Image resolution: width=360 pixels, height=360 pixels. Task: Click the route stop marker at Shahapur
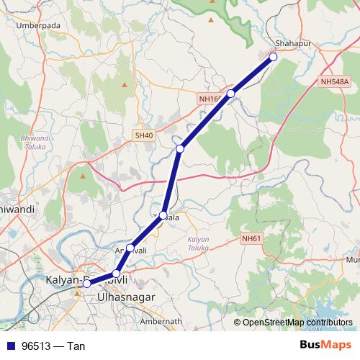pyautogui.click(x=273, y=56)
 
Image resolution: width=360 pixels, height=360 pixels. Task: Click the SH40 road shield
pyautogui.click(x=143, y=135)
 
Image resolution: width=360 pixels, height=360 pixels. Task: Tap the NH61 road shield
pyautogui.click(x=251, y=238)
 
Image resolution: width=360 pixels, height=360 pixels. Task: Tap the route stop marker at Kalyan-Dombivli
pyautogui.click(x=86, y=284)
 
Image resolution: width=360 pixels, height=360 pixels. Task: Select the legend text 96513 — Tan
pyautogui.click(x=53, y=346)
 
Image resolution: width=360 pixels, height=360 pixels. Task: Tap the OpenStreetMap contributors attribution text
pyautogui.click(x=297, y=323)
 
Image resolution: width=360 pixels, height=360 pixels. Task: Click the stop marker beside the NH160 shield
pyautogui.click(x=231, y=94)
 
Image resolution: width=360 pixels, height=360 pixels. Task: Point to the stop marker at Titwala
pyautogui.click(x=163, y=215)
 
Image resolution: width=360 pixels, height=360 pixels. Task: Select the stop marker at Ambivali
pyautogui.click(x=130, y=248)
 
